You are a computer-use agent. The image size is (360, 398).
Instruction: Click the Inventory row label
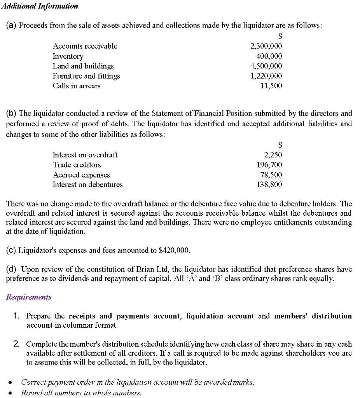click(68, 56)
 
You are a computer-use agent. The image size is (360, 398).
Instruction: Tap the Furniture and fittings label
click(86, 76)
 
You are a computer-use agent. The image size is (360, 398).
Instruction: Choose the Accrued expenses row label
click(81, 175)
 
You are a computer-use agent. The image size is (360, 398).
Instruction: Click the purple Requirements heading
click(29, 297)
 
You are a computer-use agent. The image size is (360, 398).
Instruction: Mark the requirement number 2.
click(16, 344)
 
